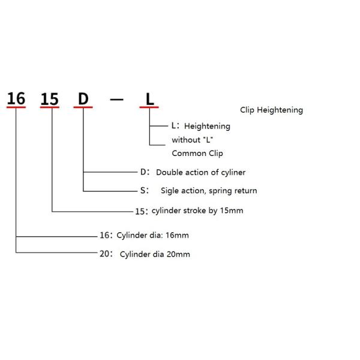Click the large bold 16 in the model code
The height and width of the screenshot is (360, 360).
[x=16, y=97]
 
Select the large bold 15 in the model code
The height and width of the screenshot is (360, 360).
[x=50, y=98]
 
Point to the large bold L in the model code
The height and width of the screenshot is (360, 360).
[x=149, y=98]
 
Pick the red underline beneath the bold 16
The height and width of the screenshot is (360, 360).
[x=16, y=108]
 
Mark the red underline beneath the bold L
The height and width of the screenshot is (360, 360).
[x=149, y=108]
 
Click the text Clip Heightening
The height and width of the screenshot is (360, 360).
[x=271, y=110]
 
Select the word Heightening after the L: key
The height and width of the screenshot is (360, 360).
[x=207, y=127]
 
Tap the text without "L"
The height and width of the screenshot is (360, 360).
[x=193, y=140]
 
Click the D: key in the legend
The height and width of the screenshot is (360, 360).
[x=144, y=172]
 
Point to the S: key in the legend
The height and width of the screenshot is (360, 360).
[x=144, y=190]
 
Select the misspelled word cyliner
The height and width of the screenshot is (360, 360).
[x=232, y=172]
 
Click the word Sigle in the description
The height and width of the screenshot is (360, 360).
[x=171, y=191]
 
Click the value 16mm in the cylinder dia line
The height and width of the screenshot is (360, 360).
[x=185, y=235]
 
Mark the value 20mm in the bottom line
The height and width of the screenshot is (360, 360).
[x=179, y=254]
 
